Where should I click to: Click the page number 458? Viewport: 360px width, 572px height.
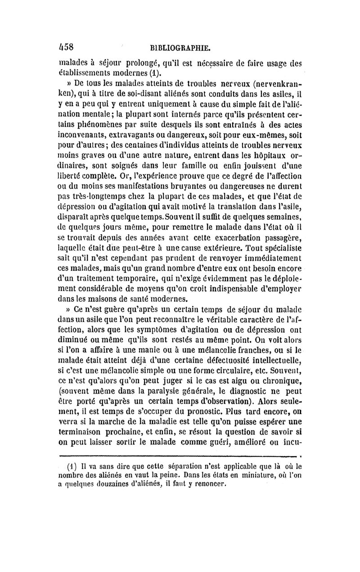coord(69,46)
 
